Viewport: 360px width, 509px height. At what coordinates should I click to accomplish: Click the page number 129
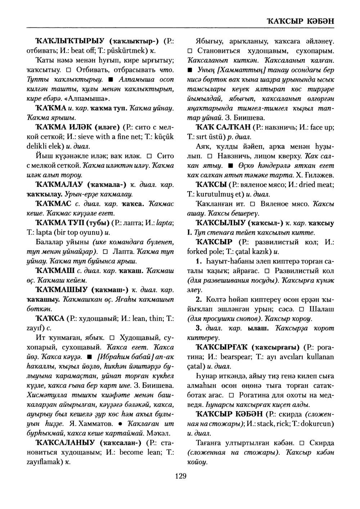pos(180,477)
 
